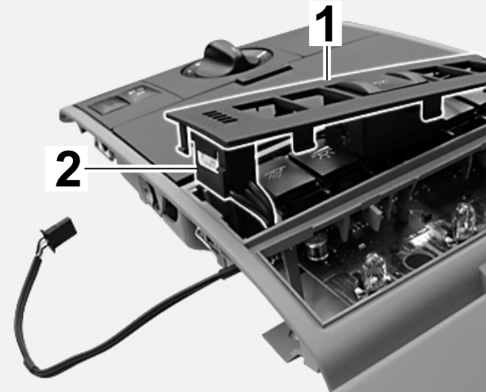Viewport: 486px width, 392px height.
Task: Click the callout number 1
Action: coord(325,23)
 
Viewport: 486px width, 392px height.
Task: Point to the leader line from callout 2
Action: coord(141,168)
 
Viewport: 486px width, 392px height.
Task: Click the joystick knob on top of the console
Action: coord(223,55)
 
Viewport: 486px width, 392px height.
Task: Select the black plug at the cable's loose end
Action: coord(59,233)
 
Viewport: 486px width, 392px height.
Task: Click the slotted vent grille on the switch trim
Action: coord(221,117)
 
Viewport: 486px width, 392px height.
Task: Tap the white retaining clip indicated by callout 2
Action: coord(208,160)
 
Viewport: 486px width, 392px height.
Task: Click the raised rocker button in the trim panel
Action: coord(378,83)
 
